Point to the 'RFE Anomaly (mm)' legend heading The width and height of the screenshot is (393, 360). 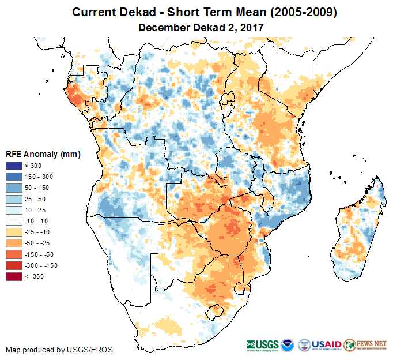(x=43, y=155)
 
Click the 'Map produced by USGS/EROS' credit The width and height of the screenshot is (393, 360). (x=59, y=350)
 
